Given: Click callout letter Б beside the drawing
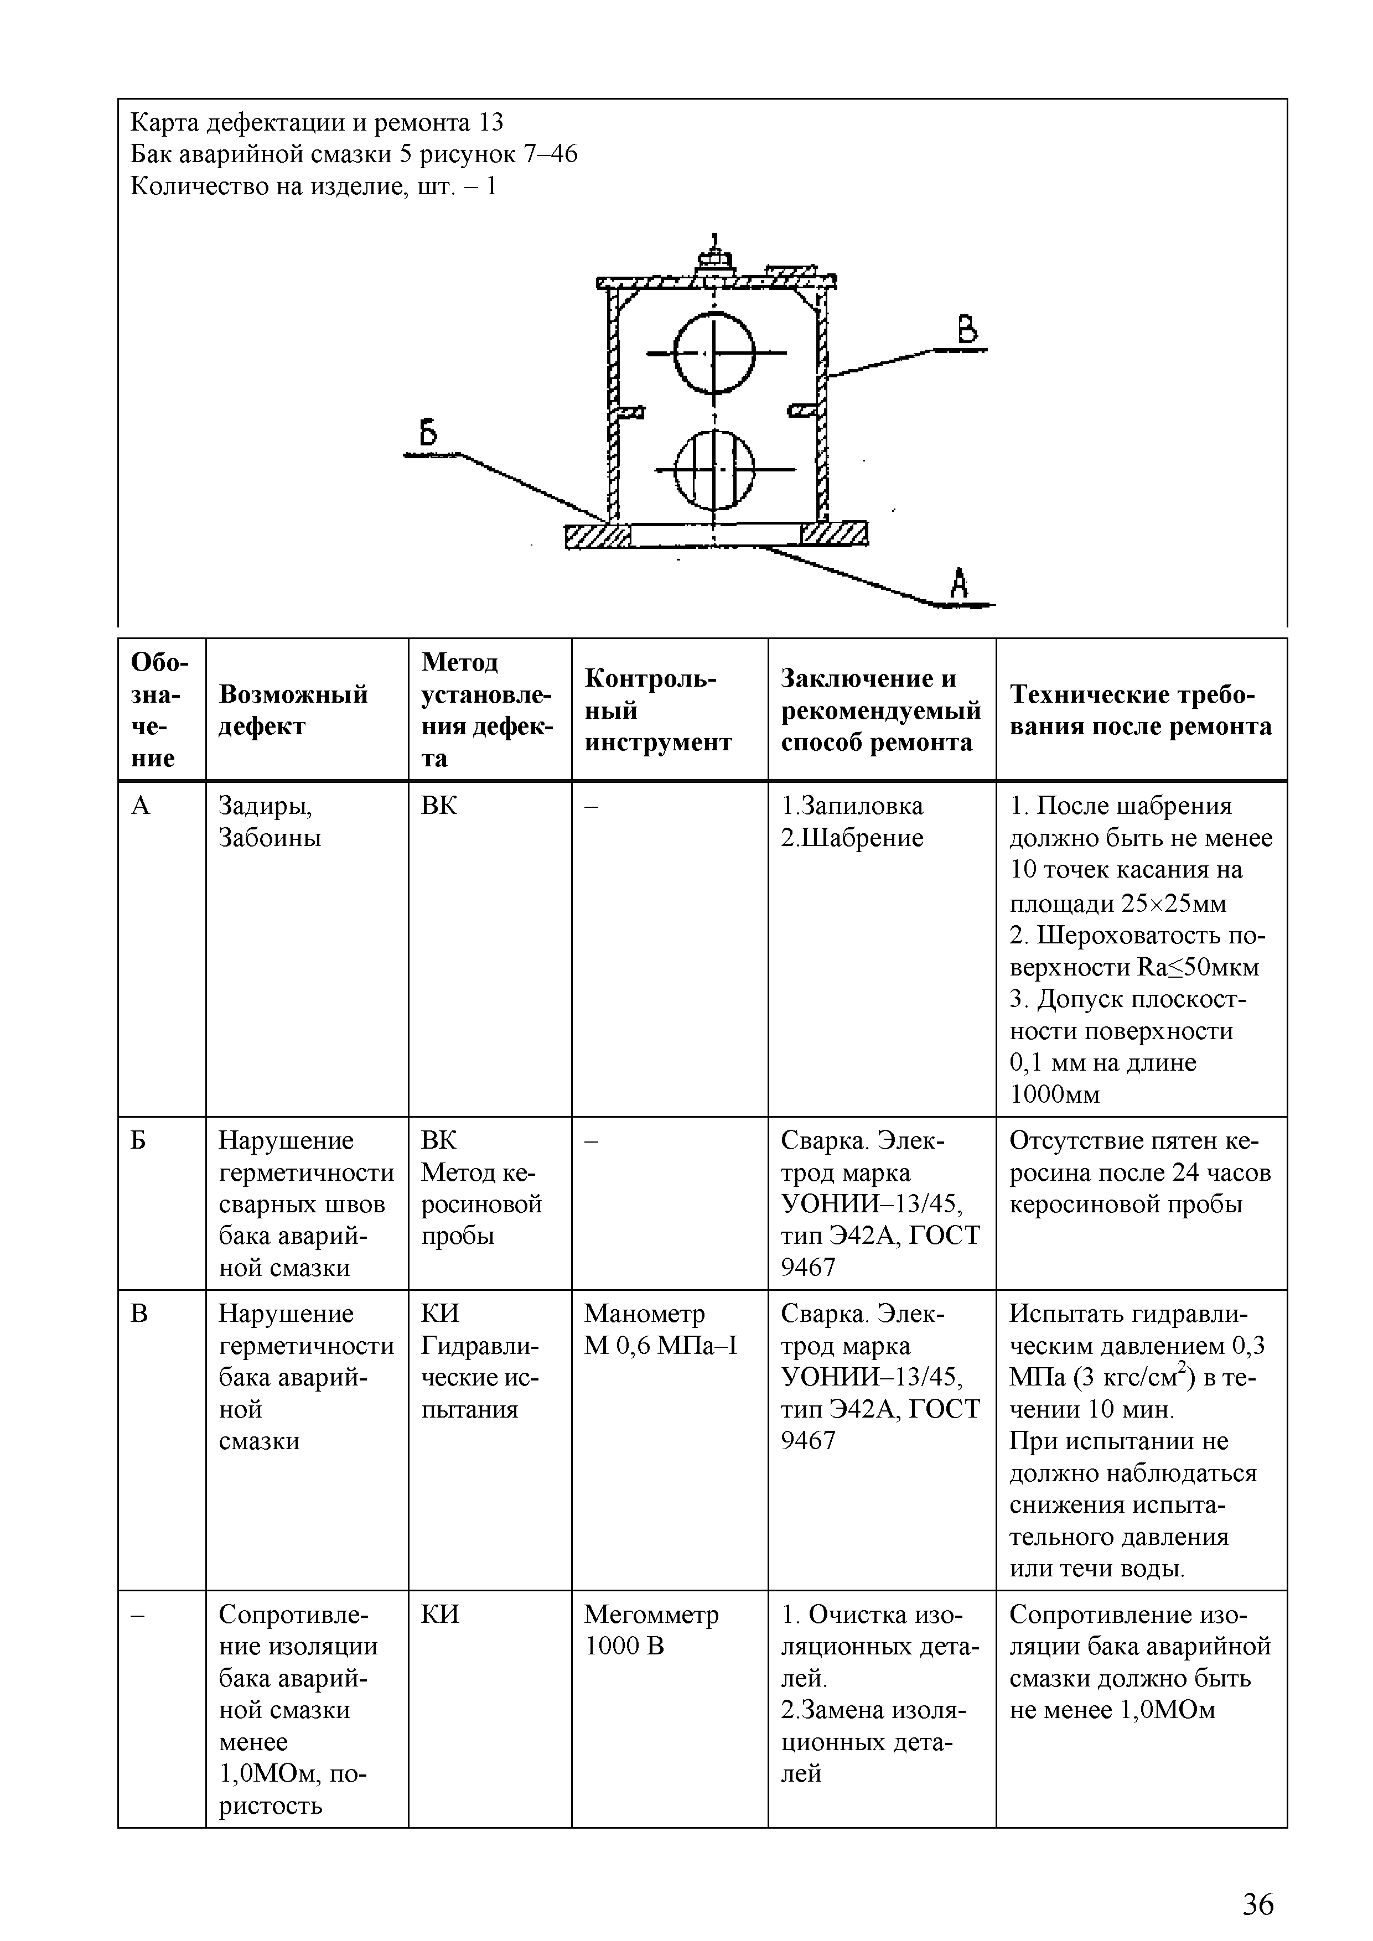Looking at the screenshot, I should [x=429, y=434].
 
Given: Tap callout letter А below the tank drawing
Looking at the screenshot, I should [x=958, y=583].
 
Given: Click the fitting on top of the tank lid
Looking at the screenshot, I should [x=715, y=258].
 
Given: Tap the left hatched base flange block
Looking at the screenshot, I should [x=598, y=535].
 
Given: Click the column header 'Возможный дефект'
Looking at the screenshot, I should [x=293, y=710].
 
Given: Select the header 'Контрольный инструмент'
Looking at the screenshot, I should [x=658, y=710].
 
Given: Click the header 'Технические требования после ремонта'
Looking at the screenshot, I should [x=1141, y=710].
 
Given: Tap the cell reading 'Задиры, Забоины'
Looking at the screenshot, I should [x=270, y=822].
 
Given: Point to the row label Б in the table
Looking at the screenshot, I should [x=139, y=1140].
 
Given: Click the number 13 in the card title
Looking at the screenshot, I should [x=490, y=123].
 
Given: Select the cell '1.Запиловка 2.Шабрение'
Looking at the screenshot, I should [x=852, y=822].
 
